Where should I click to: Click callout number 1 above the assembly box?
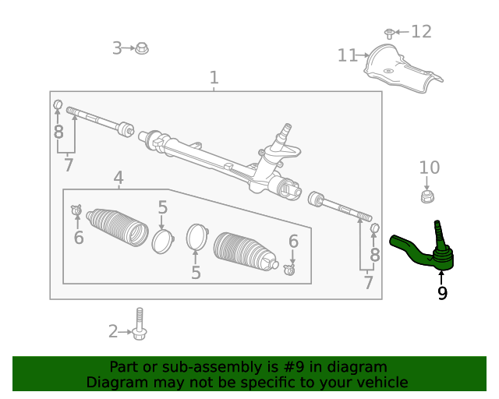pos(214,78)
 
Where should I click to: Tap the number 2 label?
pos(113,332)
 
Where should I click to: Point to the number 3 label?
pos(117,48)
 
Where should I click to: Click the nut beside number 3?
pos(142,49)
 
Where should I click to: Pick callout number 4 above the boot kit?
pos(118,178)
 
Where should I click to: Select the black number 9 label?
pos(442,293)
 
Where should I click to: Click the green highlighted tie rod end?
pos(421,250)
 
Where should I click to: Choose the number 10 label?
pos(430,168)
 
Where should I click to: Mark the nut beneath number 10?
pos(426,196)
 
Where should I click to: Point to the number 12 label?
pos(421,32)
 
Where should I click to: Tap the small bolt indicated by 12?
pos(388,34)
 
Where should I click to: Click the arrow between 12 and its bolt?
pos(401,32)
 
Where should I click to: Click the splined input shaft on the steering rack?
pos(286,129)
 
